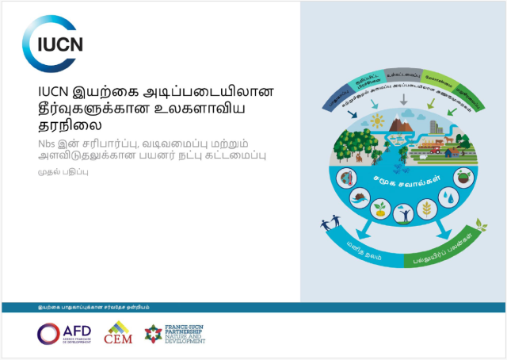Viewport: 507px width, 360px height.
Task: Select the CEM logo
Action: [119, 333]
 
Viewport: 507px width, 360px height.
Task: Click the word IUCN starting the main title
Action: [55, 91]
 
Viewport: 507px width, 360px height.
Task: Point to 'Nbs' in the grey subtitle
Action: [48, 144]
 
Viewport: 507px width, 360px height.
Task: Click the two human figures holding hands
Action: [330, 224]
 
